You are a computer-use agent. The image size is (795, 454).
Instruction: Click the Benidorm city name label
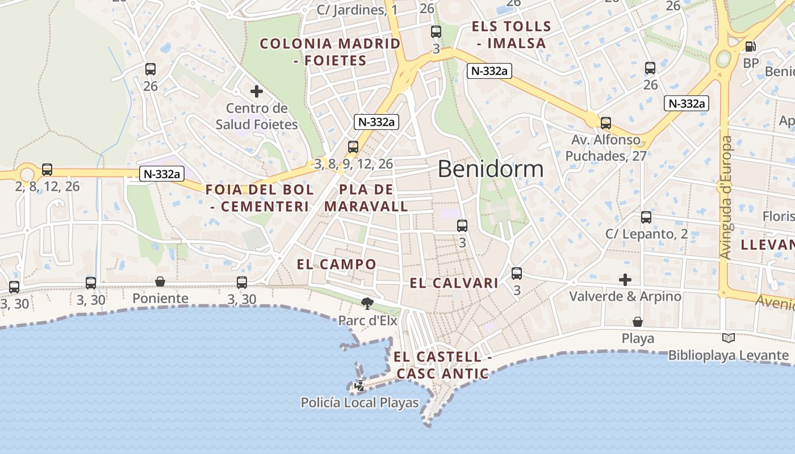point(491,169)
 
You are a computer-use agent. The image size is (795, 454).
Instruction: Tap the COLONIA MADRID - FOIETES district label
point(330,52)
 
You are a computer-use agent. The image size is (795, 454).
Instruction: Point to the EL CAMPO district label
point(336,264)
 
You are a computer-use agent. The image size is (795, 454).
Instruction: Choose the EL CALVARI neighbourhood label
point(454,283)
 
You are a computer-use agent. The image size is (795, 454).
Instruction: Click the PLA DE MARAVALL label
point(366,198)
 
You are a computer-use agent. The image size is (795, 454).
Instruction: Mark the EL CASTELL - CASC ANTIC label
point(442,365)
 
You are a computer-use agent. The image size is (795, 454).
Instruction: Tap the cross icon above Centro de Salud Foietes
point(257,91)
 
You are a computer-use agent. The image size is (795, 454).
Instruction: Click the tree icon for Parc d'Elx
point(367,304)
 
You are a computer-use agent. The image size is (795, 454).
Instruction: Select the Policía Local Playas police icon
point(359,386)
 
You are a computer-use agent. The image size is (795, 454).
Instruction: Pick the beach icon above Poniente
point(160,281)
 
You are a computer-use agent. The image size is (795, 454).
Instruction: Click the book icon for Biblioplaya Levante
point(729,338)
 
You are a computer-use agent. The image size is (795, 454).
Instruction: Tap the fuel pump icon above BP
point(750,47)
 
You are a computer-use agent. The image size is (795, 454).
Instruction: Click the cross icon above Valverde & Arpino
point(625,279)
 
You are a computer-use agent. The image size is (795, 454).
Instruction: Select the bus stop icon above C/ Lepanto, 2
point(646,217)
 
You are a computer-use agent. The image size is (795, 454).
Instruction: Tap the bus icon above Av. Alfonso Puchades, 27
point(606,123)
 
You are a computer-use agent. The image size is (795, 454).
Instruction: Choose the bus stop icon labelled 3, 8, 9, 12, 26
point(353,147)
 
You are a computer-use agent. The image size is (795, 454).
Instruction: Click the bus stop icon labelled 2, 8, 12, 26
point(47,169)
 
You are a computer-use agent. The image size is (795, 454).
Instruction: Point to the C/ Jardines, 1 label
point(357,10)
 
